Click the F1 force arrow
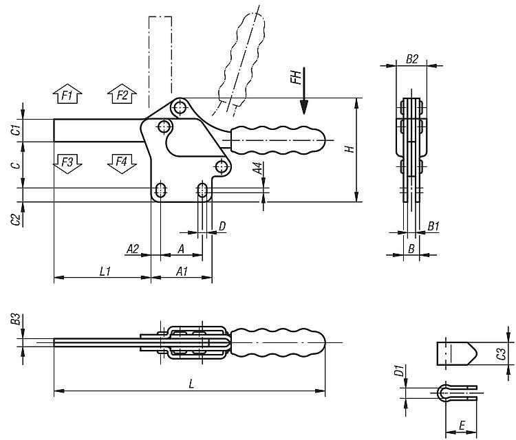click(x=67, y=94)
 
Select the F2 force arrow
click(x=122, y=94)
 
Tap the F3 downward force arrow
click(x=67, y=164)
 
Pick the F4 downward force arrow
click(x=122, y=164)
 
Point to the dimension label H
click(x=350, y=148)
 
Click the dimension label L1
click(x=105, y=272)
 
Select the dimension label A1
click(x=182, y=272)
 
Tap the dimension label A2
click(x=133, y=249)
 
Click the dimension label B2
click(x=411, y=59)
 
